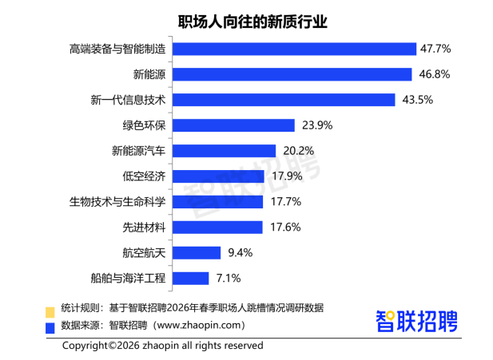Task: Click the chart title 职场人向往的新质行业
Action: point(246,19)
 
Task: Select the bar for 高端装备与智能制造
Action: point(295,49)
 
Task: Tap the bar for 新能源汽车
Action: point(224,151)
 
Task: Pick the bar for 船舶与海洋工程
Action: point(191,279)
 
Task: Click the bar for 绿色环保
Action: point(233,125)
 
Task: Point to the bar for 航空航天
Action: point(197,253)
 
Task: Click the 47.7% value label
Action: point(436,49)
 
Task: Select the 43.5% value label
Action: point(416,100)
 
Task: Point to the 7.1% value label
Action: point(226,279)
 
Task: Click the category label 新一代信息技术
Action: point(129,100)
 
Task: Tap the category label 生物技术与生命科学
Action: point(117,202)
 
